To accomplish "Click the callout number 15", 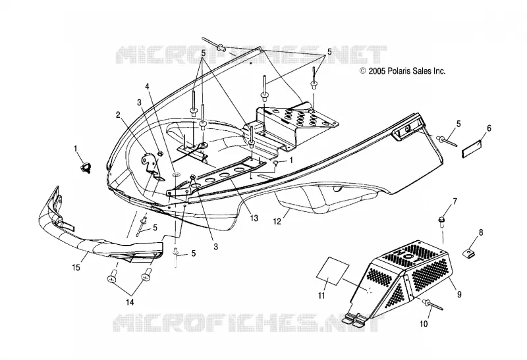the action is coord(76,267).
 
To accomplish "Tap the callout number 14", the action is coord(130,302).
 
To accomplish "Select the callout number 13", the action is coord(254,218).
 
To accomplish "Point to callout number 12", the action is coord(277,222).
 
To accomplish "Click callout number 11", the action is coord(321,296).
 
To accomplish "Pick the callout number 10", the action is coord(424,324).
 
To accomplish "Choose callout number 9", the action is coord(459,294).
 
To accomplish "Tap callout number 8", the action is coord(481,232).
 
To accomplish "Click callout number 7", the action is coord(455,201).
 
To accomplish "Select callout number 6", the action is coord(489,128).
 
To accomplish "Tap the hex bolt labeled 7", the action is coord(441,220).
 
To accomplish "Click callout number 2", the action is coord(118,115).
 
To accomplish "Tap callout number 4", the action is coord(147,86).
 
